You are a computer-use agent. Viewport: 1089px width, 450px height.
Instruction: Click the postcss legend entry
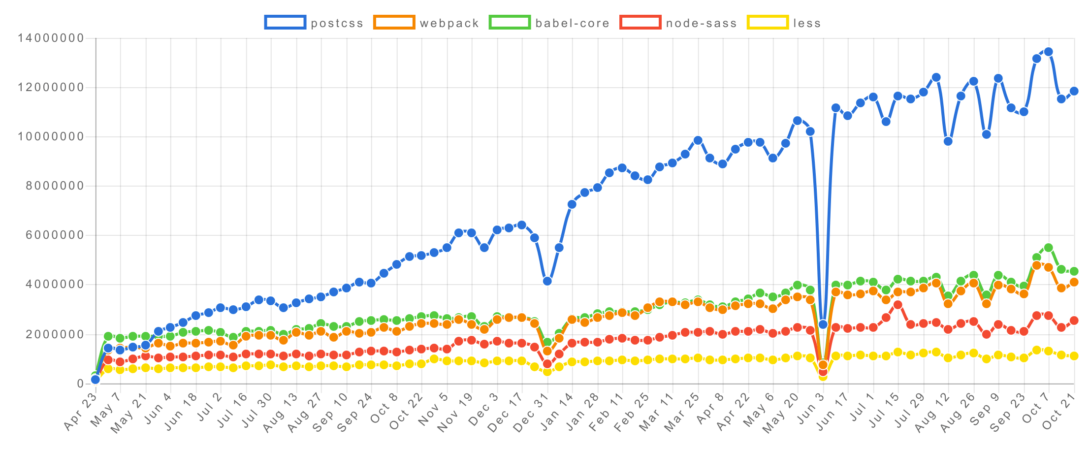[x=314, y=23]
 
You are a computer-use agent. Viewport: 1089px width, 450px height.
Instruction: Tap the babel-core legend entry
[x=549, y=23]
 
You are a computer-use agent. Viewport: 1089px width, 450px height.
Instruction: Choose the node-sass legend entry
[x=679, y=23]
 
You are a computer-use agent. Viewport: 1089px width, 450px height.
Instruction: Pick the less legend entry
[x=784, y=23]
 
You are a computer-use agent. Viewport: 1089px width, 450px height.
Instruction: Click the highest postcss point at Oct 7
[x=1048, y=52]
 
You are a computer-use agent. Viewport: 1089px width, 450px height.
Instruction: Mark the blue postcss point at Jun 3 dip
[x=823, y=324]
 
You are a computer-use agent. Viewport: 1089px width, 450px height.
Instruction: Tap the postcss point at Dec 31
[x=547, y=281]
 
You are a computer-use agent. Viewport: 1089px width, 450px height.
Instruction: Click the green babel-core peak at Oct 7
[x=1048, y=248]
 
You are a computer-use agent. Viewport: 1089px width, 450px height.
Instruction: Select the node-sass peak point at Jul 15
[x=897, y=305]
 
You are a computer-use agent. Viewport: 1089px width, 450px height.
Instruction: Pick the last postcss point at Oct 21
[x=1074, y=91]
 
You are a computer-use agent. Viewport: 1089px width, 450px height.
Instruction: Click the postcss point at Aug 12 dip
[x=948, y=141]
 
